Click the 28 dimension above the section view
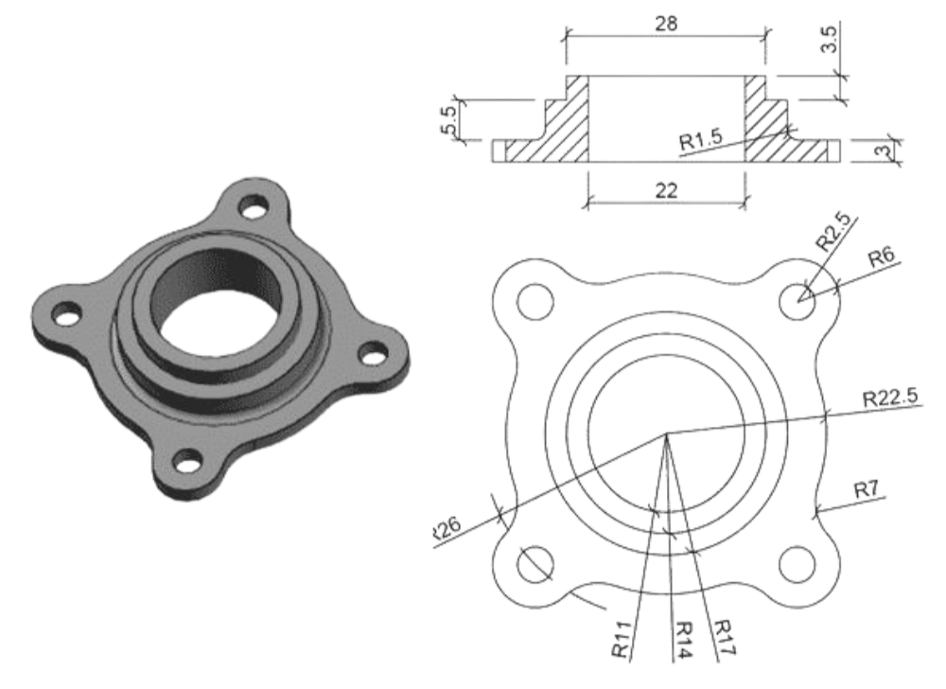[667, 25]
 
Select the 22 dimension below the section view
[667, 190]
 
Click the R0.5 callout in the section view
[701, 142]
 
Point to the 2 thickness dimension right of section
[885, 150]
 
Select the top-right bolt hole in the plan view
[795, 299]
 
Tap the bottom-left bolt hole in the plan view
[533, 561]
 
